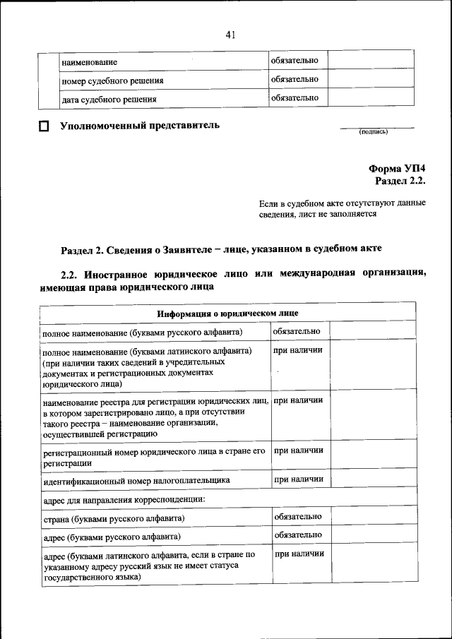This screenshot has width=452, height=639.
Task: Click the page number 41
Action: coord(230,35)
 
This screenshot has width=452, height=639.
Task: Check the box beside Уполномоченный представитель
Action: coord(44,128)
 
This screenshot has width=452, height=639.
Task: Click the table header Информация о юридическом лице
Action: coord(227,313)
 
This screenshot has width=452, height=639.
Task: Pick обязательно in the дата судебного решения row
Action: coord(295,97)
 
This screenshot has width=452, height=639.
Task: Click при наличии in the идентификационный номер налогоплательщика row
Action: coord(298,479)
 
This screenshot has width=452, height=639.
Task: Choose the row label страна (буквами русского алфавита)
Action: coord(113,519)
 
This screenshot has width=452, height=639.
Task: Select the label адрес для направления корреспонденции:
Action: coord(124,500)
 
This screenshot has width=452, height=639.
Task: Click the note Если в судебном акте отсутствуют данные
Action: coord(342,203)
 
